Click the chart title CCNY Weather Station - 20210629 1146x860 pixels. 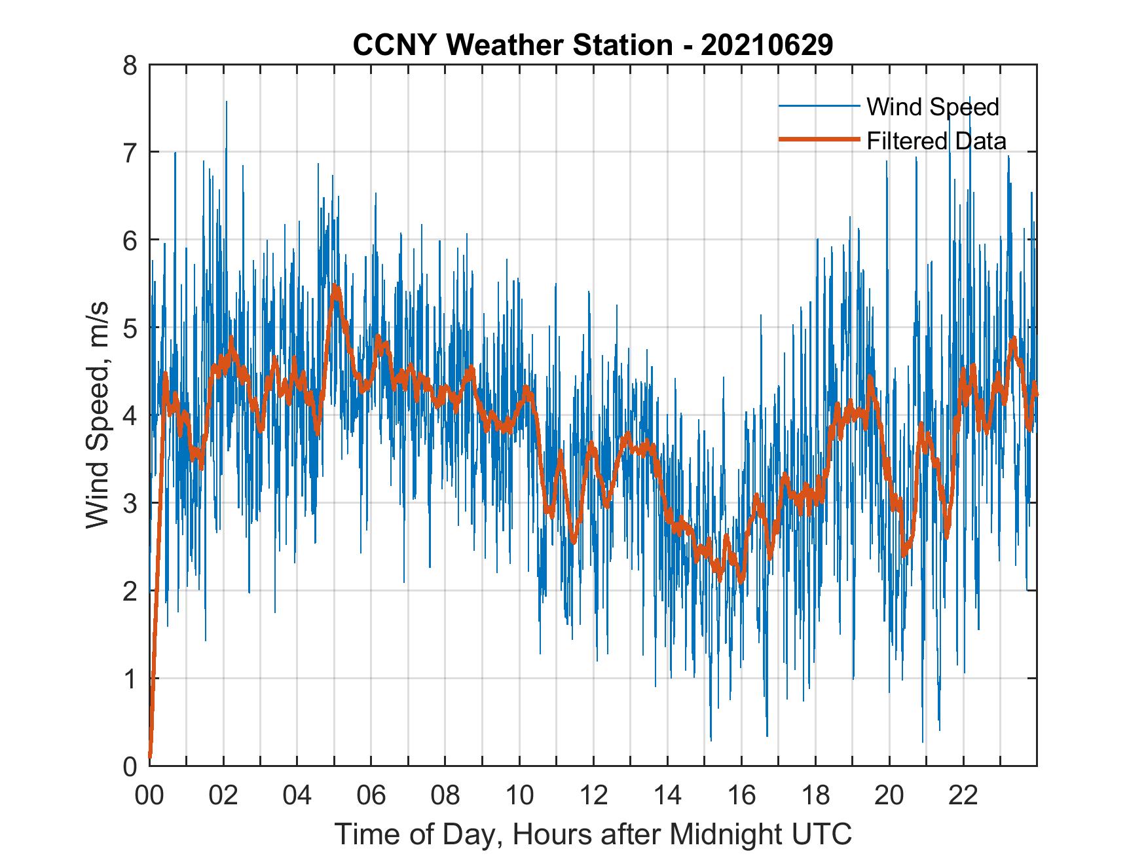pyautogui.click(x=593, y=45)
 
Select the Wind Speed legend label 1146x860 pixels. pyautogui.click(x=933, y=107)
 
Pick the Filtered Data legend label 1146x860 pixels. pyautogui.click(x=936, y=141)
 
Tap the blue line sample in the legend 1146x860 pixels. pyautogui.click(x=819, y=106)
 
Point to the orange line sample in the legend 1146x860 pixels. pyautogui.click(x=819, y=140)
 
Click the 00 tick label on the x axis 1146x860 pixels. pyautogui.click(x=149, y=796)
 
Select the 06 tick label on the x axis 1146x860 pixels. pyautogui.click(x=371, y=796)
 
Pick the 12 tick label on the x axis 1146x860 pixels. pyautogui.click(x=593, y=796)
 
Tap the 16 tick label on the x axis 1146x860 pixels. pyautogui.click(x=741, y=796)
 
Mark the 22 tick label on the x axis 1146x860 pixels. pyautogui.click(x=963, y=796)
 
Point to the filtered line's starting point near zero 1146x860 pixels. pyautogui.click(x=150, y=757)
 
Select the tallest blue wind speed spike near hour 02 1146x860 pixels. pyautogui.click(x=227, y=102)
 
